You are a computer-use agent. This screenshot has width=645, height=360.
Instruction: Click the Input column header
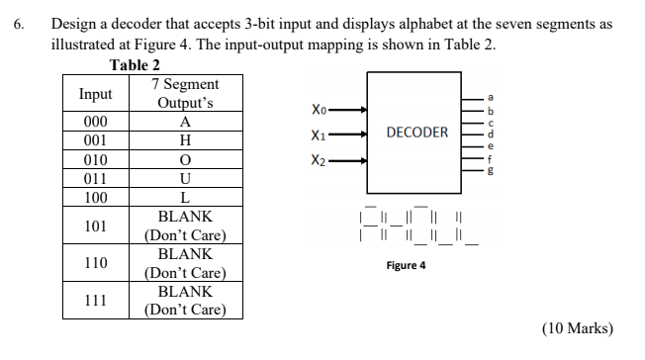[96, 94]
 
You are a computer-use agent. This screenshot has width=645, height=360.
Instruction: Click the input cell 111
[96, 301]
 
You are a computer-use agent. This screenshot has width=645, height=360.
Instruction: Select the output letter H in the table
[185, 141]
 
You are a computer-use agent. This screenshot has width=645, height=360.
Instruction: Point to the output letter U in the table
[185, 179]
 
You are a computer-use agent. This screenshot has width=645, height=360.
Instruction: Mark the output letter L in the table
[185, 198]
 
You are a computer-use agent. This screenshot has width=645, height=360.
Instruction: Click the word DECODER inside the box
[416, 133]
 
